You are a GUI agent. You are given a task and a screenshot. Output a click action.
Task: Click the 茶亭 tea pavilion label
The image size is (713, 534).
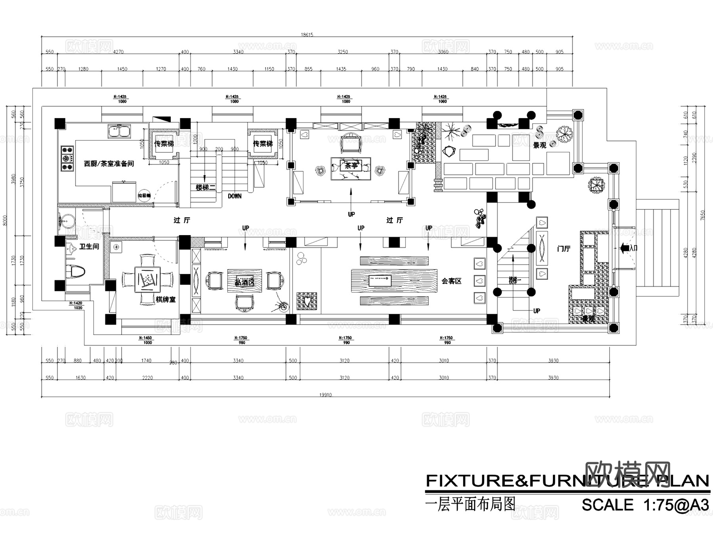tap(351, 166)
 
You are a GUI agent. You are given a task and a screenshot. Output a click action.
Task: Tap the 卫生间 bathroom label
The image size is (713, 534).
tap(89, 247)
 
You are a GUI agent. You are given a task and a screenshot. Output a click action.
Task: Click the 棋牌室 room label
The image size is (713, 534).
tap(165, 300)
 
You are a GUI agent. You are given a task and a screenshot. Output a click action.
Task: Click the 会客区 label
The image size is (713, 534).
tap(452, 281)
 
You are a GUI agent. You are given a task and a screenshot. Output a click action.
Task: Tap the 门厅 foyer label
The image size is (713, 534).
tap(564, 249)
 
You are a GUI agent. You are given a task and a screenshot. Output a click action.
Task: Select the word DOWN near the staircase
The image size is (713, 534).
tap(234, 196)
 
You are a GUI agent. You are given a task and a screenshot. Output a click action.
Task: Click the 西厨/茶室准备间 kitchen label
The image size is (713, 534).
tap(109, 163)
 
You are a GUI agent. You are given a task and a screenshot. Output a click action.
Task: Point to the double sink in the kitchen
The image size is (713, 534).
tap(119, 131)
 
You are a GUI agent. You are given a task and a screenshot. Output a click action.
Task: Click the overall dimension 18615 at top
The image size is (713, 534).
tap(307, 35)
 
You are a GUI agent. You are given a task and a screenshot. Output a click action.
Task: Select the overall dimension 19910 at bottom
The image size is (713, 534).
tap(325, 395)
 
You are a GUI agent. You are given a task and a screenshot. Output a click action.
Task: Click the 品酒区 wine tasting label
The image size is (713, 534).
tap(244, 283)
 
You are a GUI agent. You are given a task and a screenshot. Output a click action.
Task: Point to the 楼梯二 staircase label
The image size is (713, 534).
tap(206, 187)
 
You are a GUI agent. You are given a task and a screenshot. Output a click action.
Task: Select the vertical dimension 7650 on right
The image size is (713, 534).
tap(703, 216)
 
